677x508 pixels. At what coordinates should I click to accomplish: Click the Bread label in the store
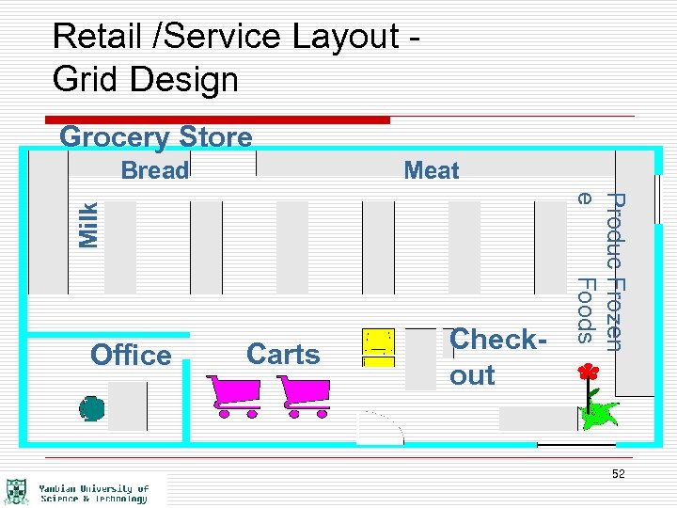155,170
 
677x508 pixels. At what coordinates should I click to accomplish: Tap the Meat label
432,170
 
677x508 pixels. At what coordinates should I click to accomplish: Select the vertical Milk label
89,225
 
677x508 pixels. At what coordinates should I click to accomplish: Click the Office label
131,355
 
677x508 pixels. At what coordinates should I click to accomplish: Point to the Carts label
283,355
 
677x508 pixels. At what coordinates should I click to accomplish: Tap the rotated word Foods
585,310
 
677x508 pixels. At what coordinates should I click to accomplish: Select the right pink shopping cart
303,395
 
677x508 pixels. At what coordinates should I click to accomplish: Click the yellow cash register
379,346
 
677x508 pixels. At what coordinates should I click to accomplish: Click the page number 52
618,474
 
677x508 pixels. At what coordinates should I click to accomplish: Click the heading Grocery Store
156,137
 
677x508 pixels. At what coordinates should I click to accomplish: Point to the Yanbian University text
94,493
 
